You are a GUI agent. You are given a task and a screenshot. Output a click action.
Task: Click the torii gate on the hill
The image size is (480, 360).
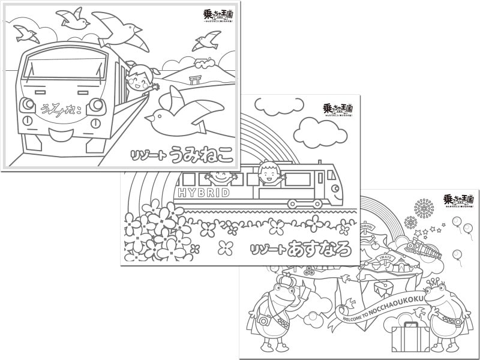click(194, 80)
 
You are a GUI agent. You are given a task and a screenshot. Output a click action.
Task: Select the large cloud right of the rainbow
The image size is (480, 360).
click(316, 128)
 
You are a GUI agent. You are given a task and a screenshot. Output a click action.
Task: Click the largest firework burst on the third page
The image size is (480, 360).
click(424, 208)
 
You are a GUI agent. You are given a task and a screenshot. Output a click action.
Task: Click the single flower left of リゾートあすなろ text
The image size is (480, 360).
click(226, 247)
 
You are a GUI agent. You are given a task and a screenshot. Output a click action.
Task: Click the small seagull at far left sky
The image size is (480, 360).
click(26, 32)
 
